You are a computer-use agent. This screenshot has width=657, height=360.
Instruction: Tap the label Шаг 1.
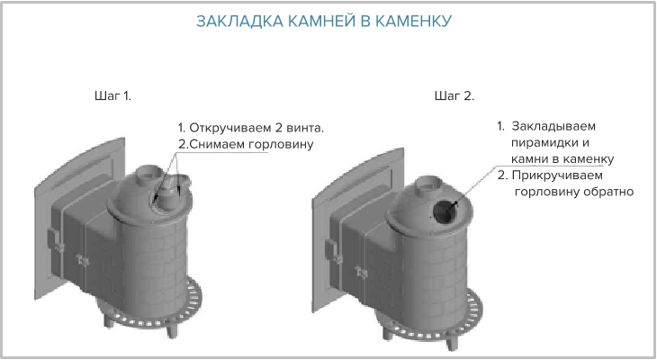click(112, 96)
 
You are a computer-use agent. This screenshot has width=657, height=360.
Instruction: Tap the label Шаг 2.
click(454, 96)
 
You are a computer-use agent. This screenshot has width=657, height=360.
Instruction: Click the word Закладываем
click(553, 126)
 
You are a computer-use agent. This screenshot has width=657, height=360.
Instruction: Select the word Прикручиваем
click(557, 175)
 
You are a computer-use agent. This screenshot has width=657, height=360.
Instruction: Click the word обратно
click(607, 192)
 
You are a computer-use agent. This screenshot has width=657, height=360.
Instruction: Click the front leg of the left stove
click(172, 330)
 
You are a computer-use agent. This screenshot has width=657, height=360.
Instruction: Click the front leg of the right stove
click(451, 343)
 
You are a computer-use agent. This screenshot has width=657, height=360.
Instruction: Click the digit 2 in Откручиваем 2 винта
click(278, 128)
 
